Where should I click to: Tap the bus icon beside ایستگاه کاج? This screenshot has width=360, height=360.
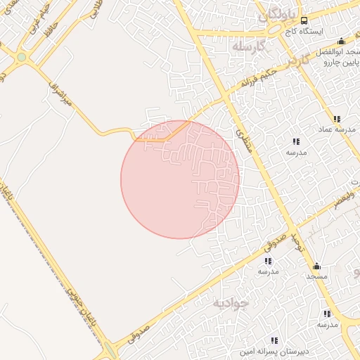pyautogui.click(x=304, y=20)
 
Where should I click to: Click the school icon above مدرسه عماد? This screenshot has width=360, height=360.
pyautogui.click(x=337, y=119)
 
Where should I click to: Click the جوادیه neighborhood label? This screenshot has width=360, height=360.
pyautogui.click(x=231, y=303)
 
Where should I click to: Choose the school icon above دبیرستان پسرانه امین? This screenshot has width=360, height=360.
pyautogui.click(x=274, y=340)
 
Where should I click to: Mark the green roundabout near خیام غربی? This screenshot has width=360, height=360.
pyautogui.click(x=22, y=57)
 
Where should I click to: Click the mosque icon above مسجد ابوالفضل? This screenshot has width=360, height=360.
pyautogui.click(x=342, y=41)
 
